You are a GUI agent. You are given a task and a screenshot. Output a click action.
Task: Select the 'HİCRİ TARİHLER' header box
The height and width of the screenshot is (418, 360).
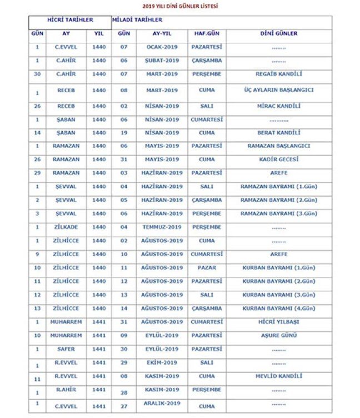70,20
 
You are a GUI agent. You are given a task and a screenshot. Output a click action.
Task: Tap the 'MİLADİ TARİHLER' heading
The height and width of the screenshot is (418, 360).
137,20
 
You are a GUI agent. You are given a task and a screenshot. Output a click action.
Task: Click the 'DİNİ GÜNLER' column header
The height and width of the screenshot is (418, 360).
278,33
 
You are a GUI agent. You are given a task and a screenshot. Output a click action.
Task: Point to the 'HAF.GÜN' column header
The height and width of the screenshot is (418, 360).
206,33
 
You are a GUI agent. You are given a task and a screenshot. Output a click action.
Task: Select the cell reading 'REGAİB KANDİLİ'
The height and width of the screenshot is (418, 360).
278,74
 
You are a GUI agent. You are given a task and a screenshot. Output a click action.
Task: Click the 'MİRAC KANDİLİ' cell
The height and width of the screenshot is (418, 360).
278,106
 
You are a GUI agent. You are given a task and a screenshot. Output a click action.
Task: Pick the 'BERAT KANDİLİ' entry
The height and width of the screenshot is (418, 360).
278,133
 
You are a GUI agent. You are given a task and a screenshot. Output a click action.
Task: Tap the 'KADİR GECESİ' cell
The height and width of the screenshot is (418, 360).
278,160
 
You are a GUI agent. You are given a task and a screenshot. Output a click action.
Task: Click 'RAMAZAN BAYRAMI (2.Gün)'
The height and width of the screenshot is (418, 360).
278,200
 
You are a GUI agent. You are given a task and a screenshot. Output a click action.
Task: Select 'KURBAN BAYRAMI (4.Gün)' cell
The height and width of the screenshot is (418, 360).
278,308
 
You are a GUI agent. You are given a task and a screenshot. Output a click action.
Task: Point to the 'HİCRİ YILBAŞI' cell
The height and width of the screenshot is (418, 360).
278,322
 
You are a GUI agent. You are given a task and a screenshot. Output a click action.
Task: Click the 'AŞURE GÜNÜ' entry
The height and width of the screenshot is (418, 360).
278,335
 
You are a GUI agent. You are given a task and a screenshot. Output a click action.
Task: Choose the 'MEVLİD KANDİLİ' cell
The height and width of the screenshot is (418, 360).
278,376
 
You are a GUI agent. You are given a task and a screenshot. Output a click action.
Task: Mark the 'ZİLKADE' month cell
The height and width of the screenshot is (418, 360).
66,227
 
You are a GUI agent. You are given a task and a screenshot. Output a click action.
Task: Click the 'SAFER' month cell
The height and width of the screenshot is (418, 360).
66,349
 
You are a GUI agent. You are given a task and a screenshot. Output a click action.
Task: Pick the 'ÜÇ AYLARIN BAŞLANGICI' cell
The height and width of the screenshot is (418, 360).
278,89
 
